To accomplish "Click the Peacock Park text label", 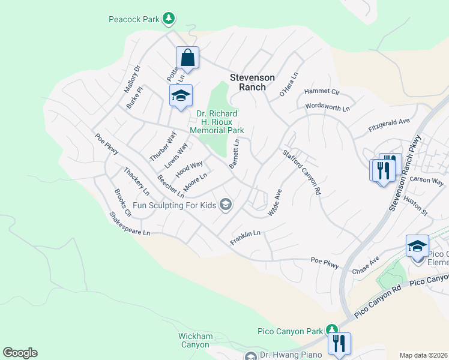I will tap(134, 19).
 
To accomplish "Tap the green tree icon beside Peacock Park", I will tap(169, 19).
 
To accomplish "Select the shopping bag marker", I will tap(187, 59).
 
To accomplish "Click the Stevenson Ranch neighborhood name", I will tap(253, 82).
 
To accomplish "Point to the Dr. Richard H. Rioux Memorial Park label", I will tap(217, 122).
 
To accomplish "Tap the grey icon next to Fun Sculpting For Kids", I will tap(226, 205).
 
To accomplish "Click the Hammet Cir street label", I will tap(322, 92).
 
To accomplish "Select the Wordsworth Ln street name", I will tap(327, 107).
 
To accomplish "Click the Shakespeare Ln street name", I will tap(130, 223).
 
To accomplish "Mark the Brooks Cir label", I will tap(122, 202).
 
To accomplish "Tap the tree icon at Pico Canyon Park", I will tap(331, 328).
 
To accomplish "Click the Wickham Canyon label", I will tap(195, 340).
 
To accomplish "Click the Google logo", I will tap(20, 353).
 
